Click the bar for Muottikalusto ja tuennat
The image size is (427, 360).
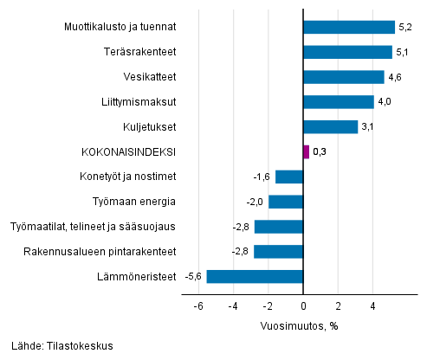tap(348, 27)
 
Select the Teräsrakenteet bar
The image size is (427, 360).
tap(347, 52)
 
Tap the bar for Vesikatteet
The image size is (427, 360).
tap(343, 77)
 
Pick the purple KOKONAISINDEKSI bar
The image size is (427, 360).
tap(306, 152)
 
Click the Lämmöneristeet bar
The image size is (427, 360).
tap(255, 277)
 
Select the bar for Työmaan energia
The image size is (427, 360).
tap(286, 202)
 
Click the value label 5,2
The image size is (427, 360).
tap(405, 27)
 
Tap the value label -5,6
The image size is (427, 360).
tap(193, 277)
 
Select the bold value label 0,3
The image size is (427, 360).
tap(320, 152)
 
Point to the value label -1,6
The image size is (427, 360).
tap(262, 177)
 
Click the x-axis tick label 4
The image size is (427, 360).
tap(373, 306)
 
